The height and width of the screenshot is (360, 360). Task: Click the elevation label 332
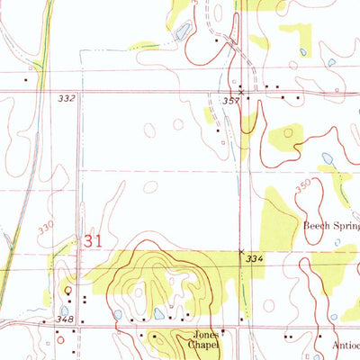(x=65, y=96)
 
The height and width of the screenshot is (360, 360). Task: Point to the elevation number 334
(x=255, y=259)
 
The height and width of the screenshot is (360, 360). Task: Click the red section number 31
(x=91, y=242)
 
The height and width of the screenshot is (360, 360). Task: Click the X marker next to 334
(x=240, y=252)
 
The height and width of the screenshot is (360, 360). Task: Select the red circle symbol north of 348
(x=68, y=290)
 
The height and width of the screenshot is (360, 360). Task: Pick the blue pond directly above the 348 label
(x=64, y=310)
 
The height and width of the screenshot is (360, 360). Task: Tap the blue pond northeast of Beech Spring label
(x=327, y=157)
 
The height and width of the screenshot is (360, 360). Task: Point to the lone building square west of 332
(x=26, y=79)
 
